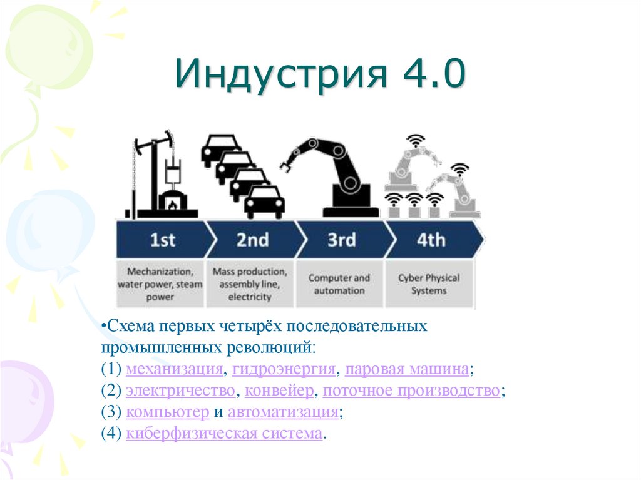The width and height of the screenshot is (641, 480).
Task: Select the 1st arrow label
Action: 163,240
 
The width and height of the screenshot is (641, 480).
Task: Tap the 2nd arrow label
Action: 253,240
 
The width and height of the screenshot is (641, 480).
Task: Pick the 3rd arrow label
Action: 341,240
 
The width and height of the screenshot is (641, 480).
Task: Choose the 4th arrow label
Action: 431,240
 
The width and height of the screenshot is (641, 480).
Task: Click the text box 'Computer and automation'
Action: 339,284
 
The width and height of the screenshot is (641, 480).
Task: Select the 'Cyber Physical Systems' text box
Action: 429,284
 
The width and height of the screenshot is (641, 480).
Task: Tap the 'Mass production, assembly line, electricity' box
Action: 250,284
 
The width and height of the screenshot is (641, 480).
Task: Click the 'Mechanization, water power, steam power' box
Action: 160,284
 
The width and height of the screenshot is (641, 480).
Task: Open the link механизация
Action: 174,369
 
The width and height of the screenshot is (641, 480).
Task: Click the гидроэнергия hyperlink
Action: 284,369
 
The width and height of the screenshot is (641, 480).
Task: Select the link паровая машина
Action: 407,369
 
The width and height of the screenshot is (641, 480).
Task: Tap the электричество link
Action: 181,391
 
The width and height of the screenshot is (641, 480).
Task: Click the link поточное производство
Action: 412,391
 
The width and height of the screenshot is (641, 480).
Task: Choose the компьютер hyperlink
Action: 167,412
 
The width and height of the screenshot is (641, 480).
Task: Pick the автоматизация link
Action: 284,412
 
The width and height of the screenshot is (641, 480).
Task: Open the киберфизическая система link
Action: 225,433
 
